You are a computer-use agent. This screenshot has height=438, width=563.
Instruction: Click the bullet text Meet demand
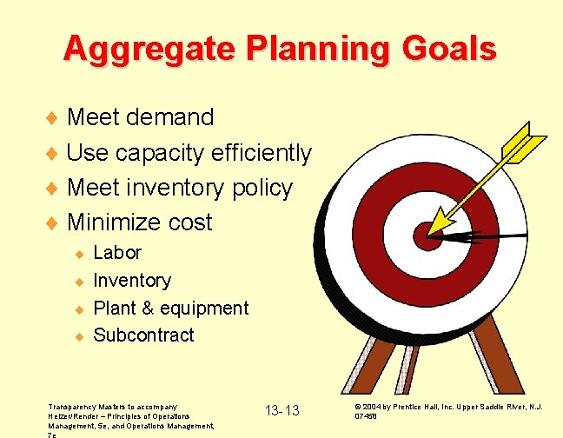[x=139, y=116]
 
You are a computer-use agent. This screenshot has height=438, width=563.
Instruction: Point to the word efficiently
[x=262, y=153]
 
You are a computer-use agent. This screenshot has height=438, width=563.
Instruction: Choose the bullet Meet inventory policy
[x=179, y=188]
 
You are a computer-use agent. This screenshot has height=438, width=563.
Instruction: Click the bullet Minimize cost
[x=139, y=222]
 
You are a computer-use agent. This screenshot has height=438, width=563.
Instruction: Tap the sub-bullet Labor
[x=116, y=253]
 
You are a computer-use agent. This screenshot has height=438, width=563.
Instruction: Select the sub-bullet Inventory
[x=131, y=281]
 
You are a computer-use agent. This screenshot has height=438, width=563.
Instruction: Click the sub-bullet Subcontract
[x=143, y=335]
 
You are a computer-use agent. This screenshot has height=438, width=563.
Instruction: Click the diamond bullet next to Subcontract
[x=77, y=336]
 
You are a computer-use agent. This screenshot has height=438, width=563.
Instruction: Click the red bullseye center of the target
[x=426, y=234]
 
